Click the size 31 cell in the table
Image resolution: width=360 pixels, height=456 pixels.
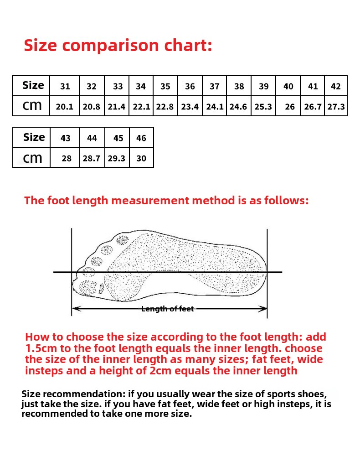pyautogui.click(x=65, y=86)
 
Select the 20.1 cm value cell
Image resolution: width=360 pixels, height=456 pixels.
pyautogui.click(x=65, y=107)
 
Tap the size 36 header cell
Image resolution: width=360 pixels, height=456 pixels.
pyautogui.click(x=190, y=86)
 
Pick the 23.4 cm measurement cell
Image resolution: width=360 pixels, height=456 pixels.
pyautogui.click(x=190, y=107)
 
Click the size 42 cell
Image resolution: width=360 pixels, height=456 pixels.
pyautogui.click(x=336, y=86)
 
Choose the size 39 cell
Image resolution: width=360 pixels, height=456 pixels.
pyautogui.click(x=263, y=86)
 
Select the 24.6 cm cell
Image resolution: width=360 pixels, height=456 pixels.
pyautogui.click(x=238, y=107)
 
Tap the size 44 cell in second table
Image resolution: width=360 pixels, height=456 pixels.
pyautogui.click(x=92, y=138)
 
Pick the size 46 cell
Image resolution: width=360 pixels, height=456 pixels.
pyautogui.click(x=141, y=138)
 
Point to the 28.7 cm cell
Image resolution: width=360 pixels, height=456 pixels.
pyautogui.click(x=92, y=159)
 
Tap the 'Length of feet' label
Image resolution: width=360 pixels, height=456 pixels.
pyautogui.click(x=167, y=309)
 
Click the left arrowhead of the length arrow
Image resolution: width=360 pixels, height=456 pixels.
pyautogui.click(x=76, y=309)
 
